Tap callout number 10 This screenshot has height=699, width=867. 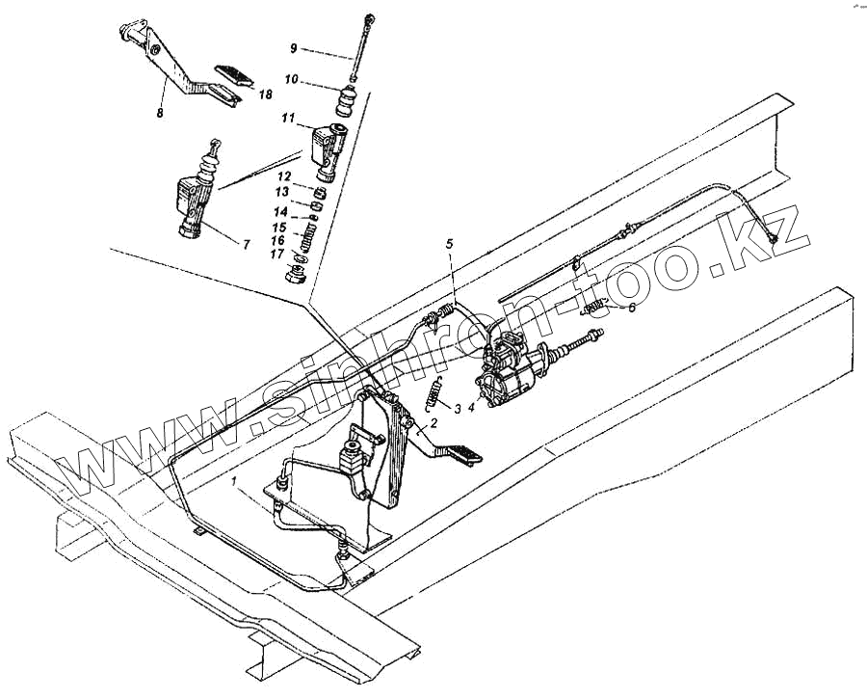click(291, 79)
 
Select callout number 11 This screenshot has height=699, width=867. click(287, 118)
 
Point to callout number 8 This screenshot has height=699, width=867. click(160, 113)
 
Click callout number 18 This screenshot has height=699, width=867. click(265, 94)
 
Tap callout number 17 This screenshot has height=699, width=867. click(276, 254)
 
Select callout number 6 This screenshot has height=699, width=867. click(631, 308)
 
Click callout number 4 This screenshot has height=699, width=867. click(471, 407)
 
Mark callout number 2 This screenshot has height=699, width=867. click(434, 422)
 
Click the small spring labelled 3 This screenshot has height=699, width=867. click(434, 394)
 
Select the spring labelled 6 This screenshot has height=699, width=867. click(597, 309)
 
